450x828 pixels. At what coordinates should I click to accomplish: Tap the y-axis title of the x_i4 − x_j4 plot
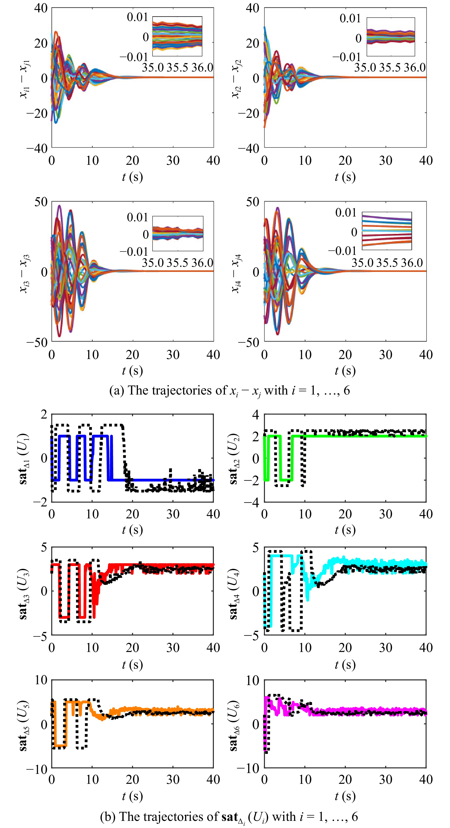(x=237, y=273)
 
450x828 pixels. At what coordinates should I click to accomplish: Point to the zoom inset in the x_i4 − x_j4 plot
(x=387, y=231)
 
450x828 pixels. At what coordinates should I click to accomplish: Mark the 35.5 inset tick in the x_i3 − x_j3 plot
(x=178, y=263)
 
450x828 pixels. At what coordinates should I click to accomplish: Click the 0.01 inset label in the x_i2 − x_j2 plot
(x=350, y=19)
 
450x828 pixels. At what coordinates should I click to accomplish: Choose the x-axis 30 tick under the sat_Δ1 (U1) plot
(x=173, y=514)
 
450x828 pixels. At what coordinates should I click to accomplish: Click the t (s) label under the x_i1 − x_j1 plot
(x=132, y=177)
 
